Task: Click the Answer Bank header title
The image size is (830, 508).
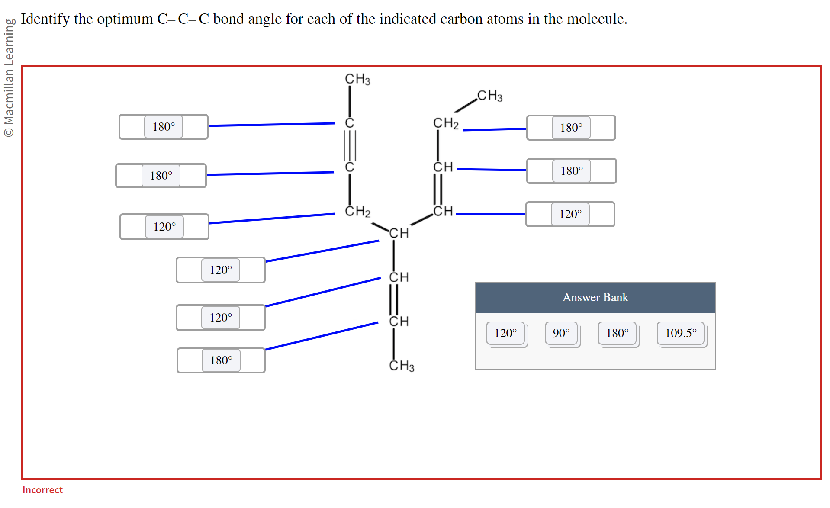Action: (595, 297)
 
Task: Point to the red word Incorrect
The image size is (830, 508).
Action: (42, 490)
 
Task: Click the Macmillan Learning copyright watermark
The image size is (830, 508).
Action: (9, 78)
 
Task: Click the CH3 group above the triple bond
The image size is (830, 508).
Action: (357, 79)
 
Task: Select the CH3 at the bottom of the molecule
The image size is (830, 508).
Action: (402, 366)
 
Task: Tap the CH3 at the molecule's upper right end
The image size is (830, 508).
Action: (490, 96)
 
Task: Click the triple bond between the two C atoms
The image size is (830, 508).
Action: (350, 145)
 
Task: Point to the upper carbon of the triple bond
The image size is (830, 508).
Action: (350, 123)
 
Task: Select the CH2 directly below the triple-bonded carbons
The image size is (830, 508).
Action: (357, 211)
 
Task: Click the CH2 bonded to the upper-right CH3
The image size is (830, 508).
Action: (446, 123)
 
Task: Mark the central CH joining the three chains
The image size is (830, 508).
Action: (399, 233)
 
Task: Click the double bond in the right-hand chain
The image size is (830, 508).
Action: (438, 189)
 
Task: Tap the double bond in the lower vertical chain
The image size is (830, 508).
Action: (394, 299)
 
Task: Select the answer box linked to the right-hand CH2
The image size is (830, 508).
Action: (571, 128)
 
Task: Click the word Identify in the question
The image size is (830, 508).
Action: (45, 19)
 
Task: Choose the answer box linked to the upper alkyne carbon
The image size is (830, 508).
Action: (164, 127)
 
